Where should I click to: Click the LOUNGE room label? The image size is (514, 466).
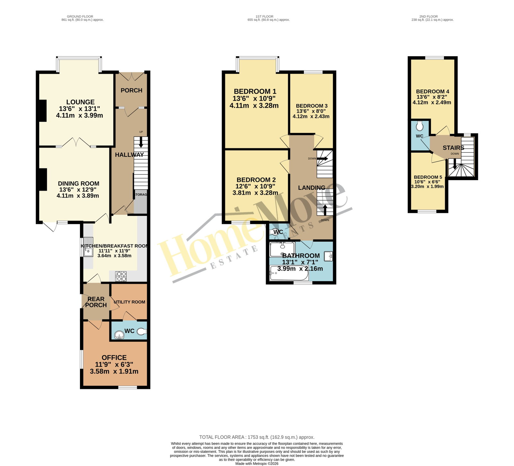pos(80,102)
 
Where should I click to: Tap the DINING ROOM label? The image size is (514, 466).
pos(79,184)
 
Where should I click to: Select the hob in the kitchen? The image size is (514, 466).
pos(121,276)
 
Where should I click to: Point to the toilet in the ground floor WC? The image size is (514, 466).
pos(142,331)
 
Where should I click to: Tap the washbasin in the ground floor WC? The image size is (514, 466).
pos(119,335)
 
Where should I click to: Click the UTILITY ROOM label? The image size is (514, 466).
pos(129,302)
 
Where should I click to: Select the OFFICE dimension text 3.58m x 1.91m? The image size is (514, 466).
pos(114,372)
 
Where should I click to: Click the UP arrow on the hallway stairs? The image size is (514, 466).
pos(141,142)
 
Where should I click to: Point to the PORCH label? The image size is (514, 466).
pos(131,91)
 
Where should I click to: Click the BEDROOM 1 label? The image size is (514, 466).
pos(255,92)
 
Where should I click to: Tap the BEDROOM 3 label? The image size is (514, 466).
pos(312,106)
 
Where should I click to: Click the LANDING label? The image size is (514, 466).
pos(312,188)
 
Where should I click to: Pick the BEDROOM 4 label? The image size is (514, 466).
pos(432,92)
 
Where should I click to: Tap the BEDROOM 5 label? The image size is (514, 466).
pos(428,177)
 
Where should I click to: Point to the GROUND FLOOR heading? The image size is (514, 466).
pos(80,16)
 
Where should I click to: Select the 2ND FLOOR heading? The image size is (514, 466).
pos(429,16)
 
